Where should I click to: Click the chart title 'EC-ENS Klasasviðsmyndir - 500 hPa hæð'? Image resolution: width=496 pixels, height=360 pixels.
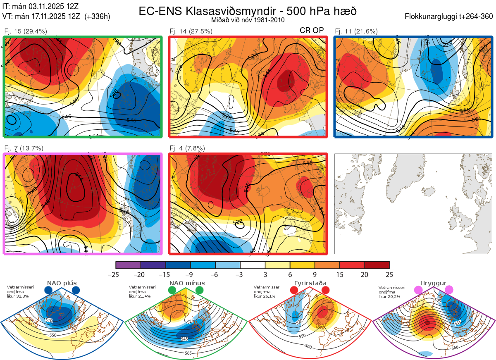click(x=248, y=11)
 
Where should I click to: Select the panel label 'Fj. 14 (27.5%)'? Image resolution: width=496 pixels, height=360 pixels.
click(x=191, y=31)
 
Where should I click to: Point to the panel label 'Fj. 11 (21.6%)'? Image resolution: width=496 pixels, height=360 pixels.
click(x=356, y=31)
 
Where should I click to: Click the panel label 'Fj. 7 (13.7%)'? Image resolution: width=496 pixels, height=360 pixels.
click(x=24, y=148)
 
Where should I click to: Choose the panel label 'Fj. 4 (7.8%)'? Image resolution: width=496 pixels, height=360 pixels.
click(x=187, y=148)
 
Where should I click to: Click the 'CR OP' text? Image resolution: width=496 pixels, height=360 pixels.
click(x=312, y=30)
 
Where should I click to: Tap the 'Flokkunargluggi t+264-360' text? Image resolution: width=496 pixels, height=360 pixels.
click(x=450, y=17)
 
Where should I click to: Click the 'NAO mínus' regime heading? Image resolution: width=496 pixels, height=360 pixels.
click(x=187, y=283)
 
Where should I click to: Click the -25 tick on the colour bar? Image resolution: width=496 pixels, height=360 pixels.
click(x=116, y=274)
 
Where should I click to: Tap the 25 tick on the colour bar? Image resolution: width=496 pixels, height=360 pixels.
click(x=389, y=274)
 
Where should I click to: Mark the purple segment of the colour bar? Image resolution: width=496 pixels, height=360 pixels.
click(x=129, y=265)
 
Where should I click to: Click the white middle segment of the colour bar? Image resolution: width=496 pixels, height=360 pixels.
click(x=253, y=265)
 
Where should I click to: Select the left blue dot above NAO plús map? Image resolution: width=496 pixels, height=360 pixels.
click(x=48, y=291)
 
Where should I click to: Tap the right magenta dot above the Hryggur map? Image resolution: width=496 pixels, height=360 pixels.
click(x=449, y=291)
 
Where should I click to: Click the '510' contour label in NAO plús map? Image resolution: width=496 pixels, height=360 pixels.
click(x=49, y=321)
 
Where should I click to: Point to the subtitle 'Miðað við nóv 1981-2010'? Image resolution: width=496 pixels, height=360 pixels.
click(x=248, y=20)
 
